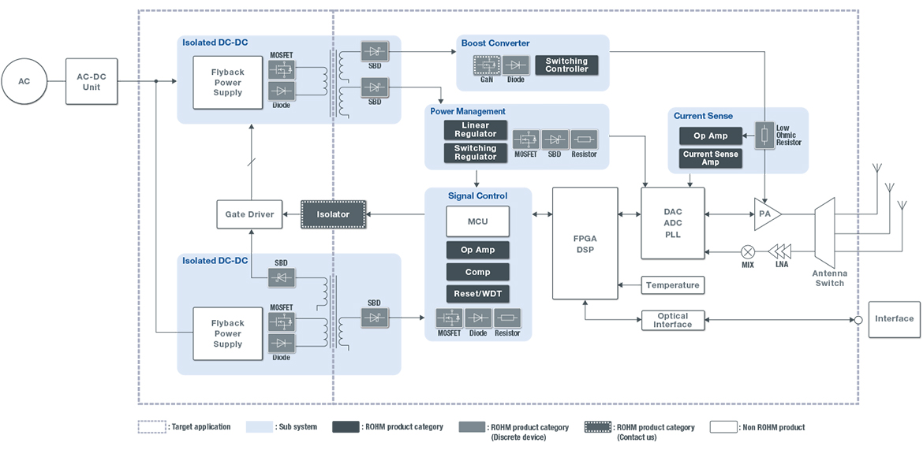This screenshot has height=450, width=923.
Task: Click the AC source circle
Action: pos(24,81)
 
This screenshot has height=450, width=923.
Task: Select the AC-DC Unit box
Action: pos(92,81)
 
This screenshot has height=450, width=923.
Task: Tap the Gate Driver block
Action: pos(249,214)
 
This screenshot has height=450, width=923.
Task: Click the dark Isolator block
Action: pos(334,214)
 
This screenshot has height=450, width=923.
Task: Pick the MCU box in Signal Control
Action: pos(477,221)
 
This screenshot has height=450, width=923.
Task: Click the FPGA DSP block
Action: pos(585,244)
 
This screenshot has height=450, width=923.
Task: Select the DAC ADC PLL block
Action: pos(672,223)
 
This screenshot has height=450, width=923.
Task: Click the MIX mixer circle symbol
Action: pos(747,251)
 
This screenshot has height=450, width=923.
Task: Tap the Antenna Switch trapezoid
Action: pos(824,232)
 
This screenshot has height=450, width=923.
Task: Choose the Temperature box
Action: pos(673,285)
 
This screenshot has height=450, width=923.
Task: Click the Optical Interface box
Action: pos(672,320)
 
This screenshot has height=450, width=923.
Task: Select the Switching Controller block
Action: pos(566,65)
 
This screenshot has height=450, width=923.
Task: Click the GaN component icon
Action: pos(486,65)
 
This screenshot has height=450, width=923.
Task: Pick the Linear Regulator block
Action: pos(475,130)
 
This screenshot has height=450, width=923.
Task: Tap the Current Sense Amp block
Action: pos(711,158)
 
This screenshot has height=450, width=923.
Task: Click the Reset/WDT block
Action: pos(477,294)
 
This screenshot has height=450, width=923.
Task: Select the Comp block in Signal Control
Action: pos(477,272)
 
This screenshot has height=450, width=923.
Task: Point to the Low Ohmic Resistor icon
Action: pos(764,136)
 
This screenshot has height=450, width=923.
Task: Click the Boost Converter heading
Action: pos(495,43)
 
